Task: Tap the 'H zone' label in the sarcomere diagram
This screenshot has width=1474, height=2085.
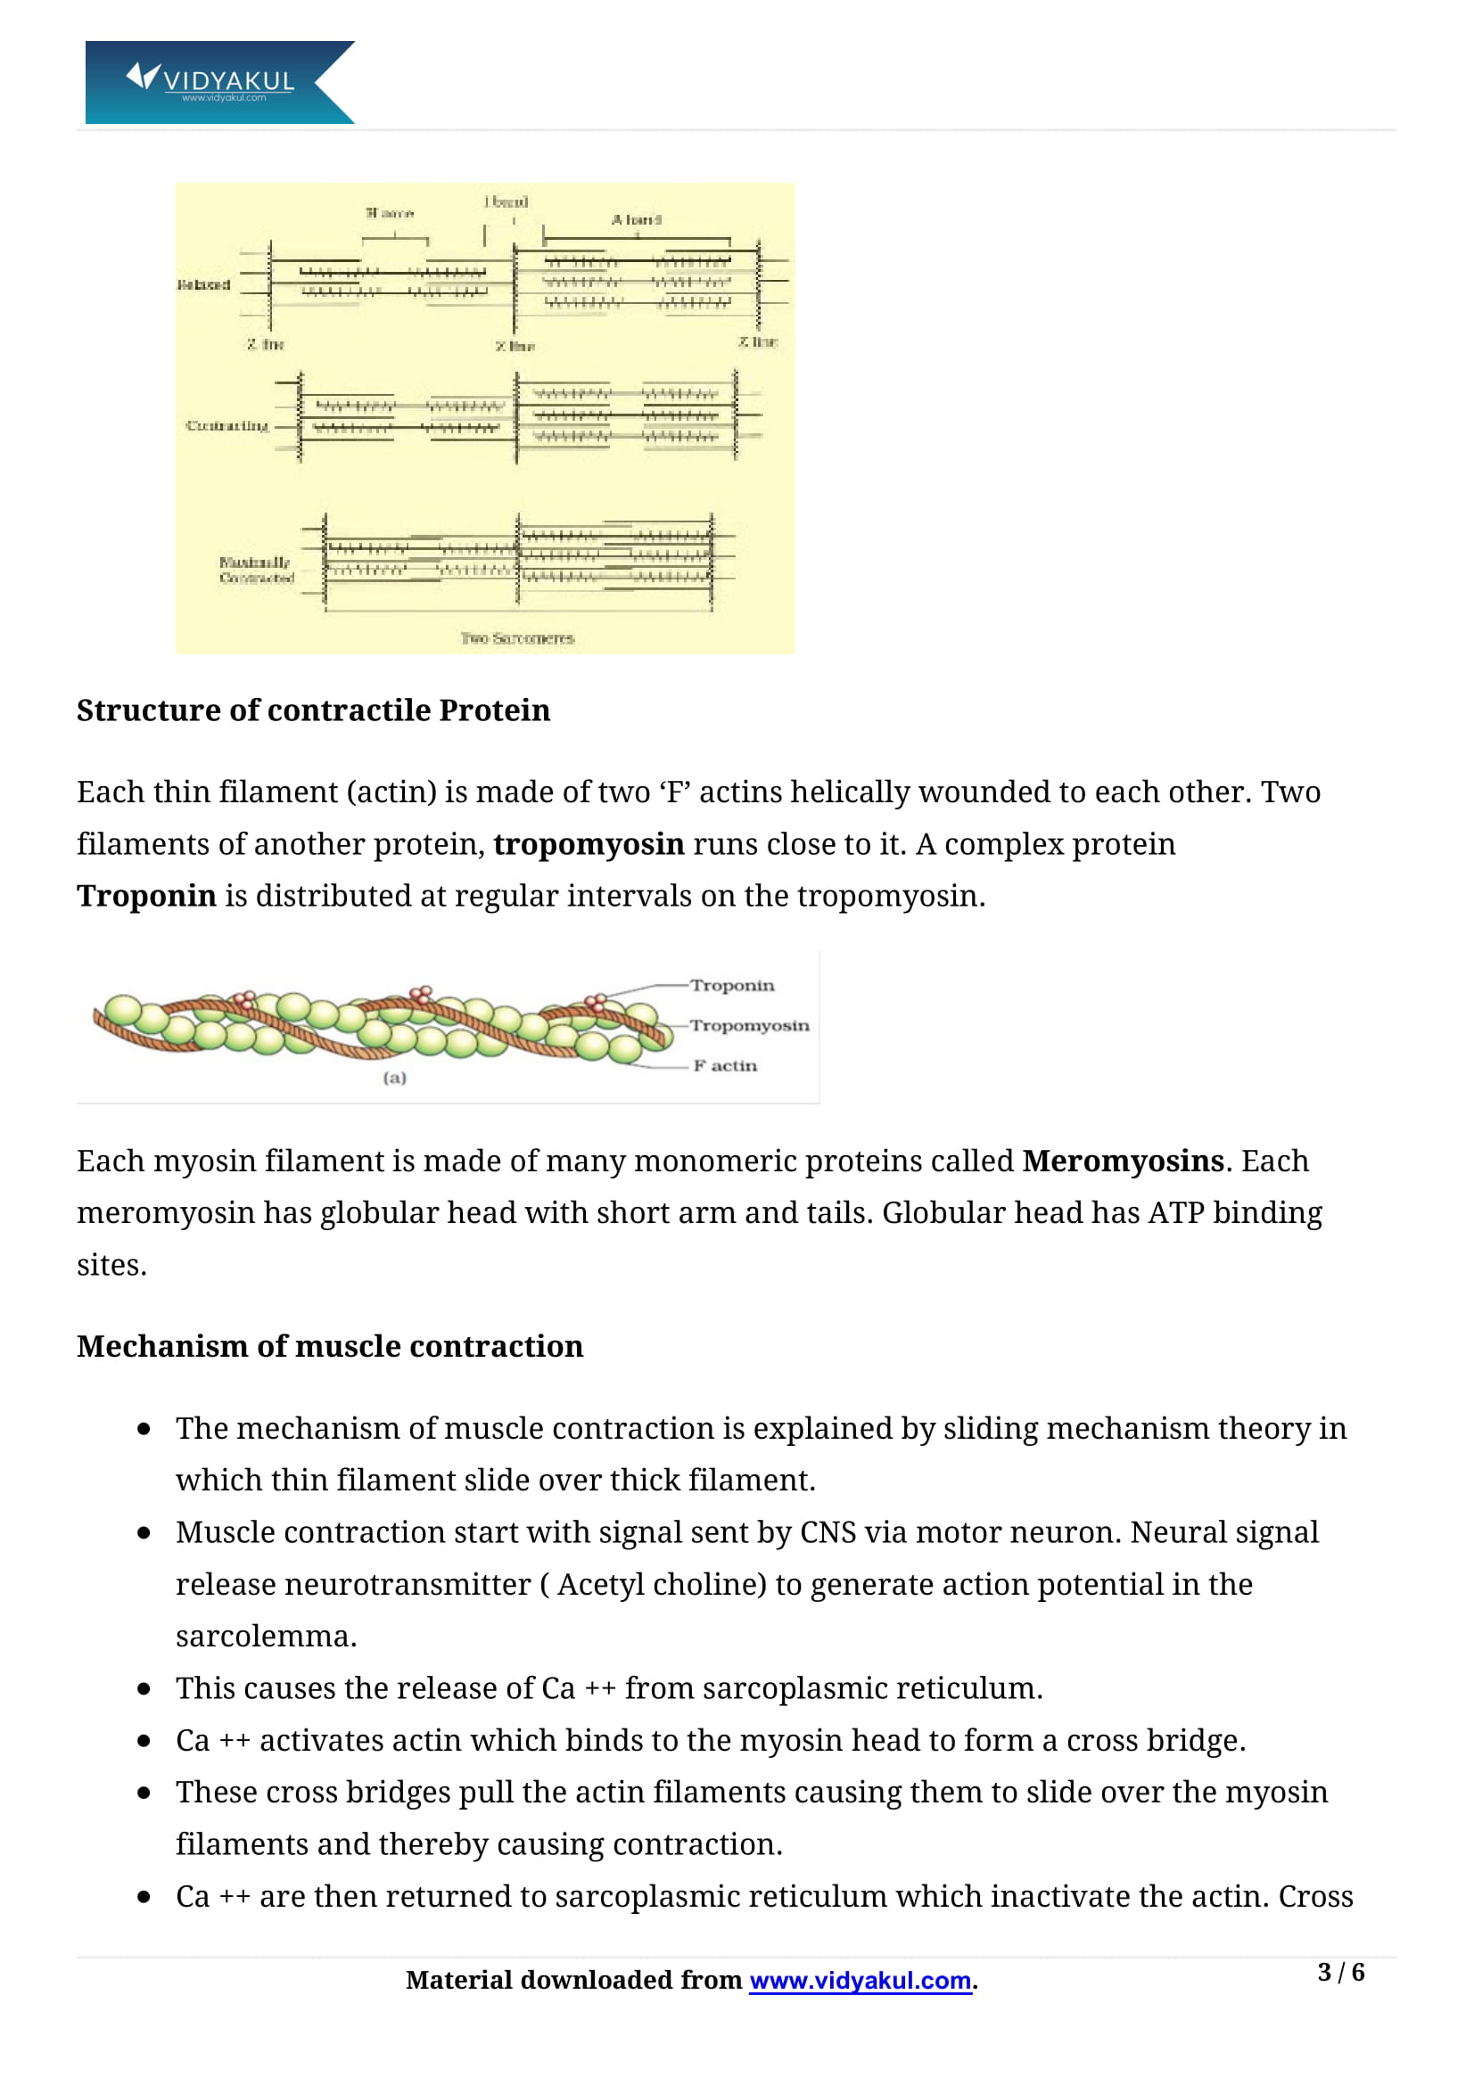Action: (x=390, y=213)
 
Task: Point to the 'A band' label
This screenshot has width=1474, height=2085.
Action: (x=636, y=220)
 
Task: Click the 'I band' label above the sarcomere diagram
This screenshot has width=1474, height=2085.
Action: (x=506, y=201)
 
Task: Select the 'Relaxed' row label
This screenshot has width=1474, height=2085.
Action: (x=203, y=285)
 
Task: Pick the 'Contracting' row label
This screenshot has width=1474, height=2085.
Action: (x=227, y=426)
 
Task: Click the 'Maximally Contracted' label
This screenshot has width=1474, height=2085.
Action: (x=256, y=571)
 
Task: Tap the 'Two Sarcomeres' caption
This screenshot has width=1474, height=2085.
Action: (x=517, y=638)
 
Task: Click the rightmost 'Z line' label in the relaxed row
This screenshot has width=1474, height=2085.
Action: (x=757, y=342)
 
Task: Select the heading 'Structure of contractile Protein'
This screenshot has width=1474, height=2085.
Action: (x=313, y=710)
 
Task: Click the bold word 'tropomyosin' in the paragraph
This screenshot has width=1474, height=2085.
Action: (x=589, y=844)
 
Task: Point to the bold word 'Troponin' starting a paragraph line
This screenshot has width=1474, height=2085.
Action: (x=146, y=896)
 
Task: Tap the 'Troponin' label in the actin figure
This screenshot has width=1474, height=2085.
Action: (x=732, y=985)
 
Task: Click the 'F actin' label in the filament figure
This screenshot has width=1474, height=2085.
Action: (x=725, y=1065)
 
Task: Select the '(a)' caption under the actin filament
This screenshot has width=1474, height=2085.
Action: (x=394, y=1078)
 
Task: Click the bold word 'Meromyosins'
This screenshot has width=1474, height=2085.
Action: (x=1123, y=1162)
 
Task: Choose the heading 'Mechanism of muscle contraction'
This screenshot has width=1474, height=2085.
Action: (x=330, y=1347)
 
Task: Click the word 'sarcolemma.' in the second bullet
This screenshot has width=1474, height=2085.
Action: (x=266, y=1637)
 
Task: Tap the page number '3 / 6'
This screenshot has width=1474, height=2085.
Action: (x=1340, y=1973)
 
